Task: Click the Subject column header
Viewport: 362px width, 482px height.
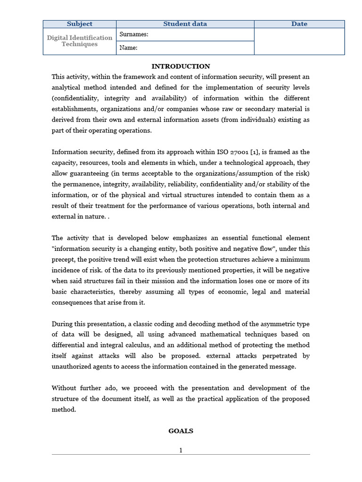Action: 80,24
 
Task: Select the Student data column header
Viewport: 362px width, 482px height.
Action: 185,24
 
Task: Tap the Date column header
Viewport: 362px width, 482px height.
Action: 299,24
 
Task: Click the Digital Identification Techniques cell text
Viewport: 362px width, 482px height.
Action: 80,41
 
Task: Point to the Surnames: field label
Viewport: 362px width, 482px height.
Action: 134,34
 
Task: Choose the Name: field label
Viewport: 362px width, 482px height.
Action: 129,48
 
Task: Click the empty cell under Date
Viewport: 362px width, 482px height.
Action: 299,41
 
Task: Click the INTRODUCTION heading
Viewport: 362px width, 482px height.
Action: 181,66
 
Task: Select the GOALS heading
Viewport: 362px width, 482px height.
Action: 181,431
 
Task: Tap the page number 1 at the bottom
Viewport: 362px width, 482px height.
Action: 181,450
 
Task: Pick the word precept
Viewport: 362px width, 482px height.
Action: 64,259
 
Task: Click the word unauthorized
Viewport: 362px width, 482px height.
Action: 71,367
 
